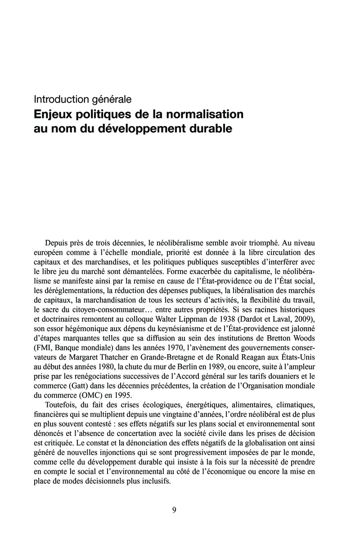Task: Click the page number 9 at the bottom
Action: [175, 509]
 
